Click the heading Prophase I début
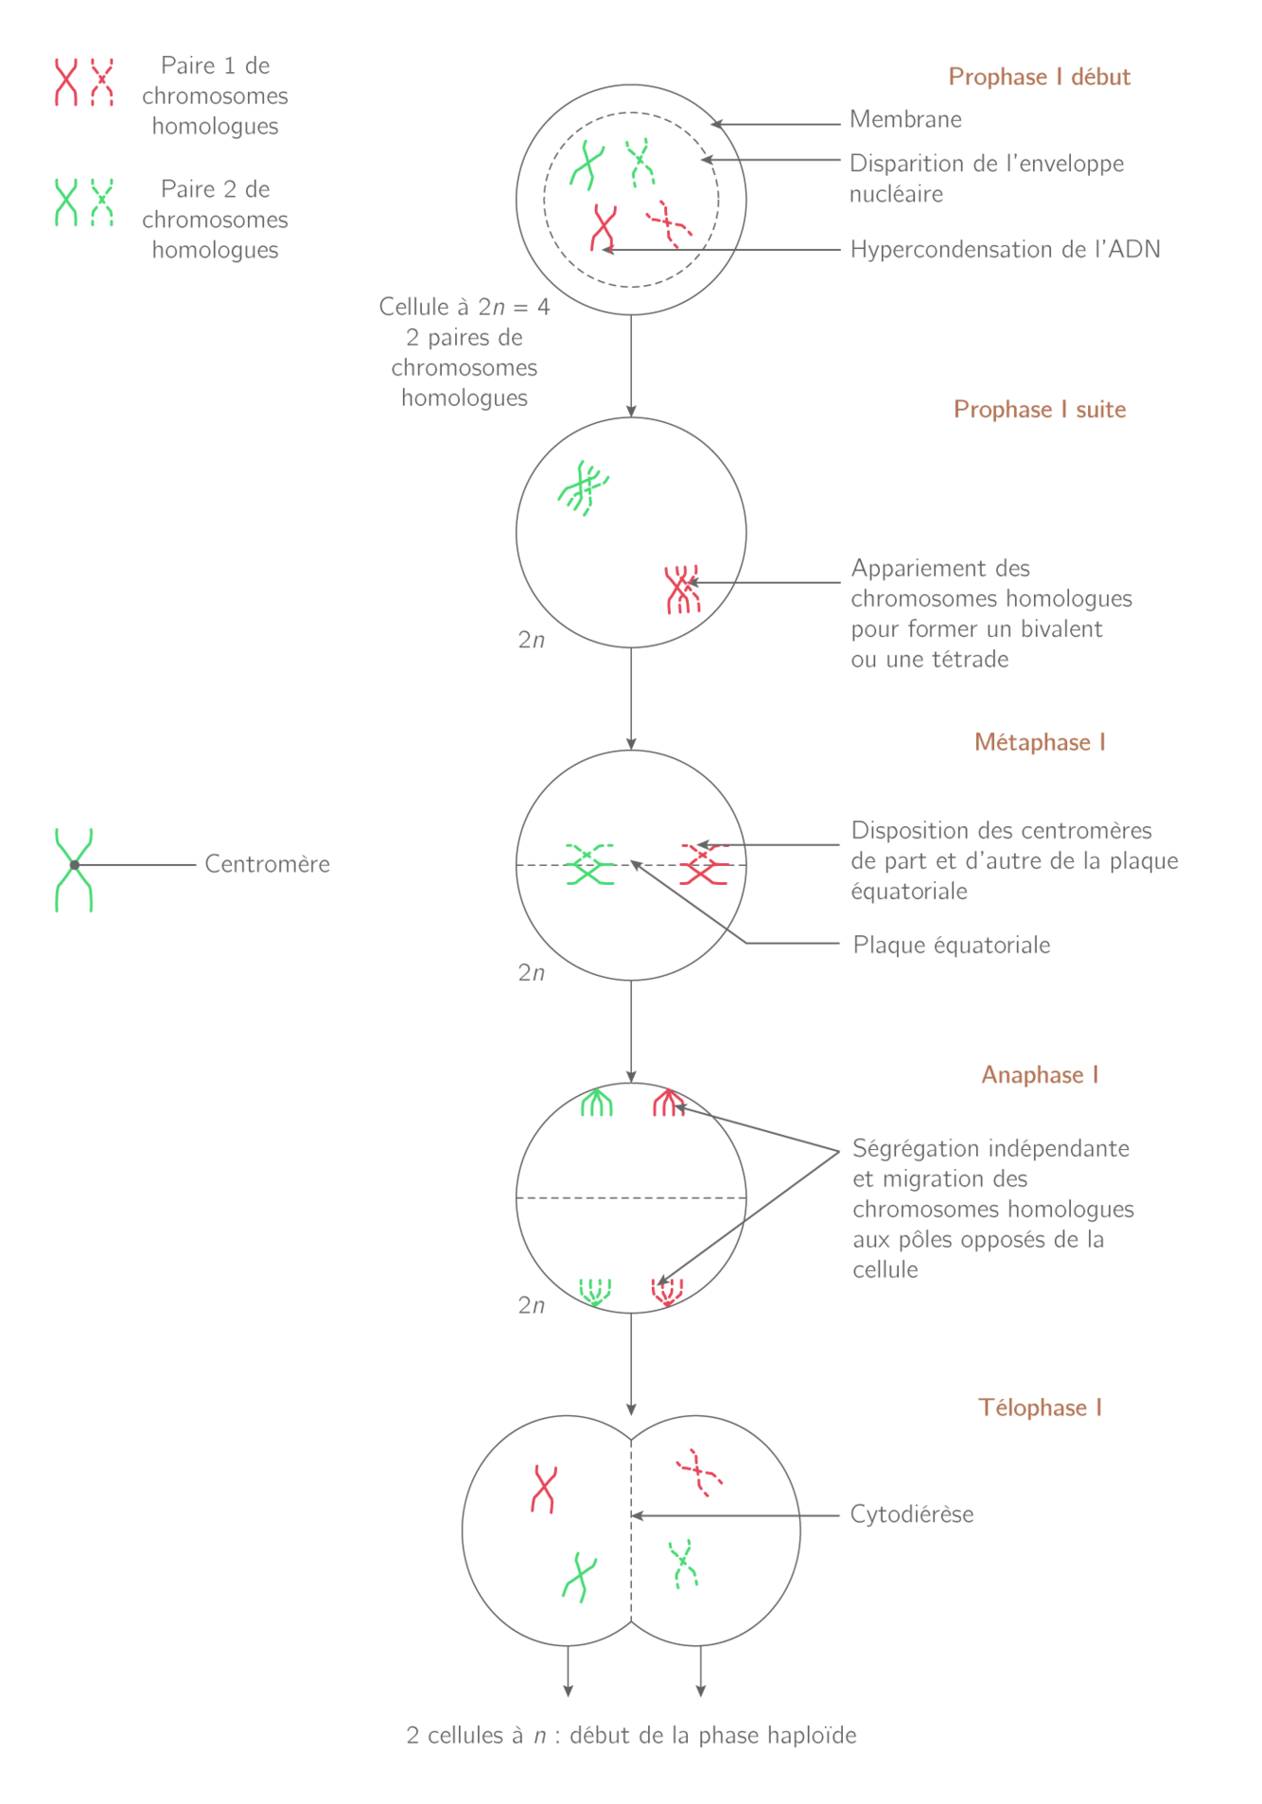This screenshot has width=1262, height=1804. coord(1039,77)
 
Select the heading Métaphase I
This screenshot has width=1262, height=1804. coord(1039,742)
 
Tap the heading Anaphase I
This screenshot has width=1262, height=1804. coord(1039,1075)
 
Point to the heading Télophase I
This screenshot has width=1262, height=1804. coord(1039,1408)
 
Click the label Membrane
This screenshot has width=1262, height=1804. coord(905,120)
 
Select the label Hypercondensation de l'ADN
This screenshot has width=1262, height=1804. coord(1005,250)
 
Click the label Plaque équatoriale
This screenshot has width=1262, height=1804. coord(952,946)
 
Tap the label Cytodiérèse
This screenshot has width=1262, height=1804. coord(912,1514)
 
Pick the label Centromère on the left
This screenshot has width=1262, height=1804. coord(268,864)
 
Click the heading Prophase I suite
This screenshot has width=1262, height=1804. coord(1039,410)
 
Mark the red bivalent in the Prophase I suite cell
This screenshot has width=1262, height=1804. coord(681,589)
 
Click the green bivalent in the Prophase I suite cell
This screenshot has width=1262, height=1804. coord(584,488)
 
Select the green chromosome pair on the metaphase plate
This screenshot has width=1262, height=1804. coord(589,864)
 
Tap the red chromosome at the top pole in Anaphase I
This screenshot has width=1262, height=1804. coord(668,1103)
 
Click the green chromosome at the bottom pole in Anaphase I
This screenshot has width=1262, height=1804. coord(595,1291)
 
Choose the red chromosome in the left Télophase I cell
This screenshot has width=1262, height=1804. coord(544,1489)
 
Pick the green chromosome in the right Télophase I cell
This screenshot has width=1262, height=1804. coord(683,1564)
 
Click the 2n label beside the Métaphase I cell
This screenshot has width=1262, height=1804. coord(531,972)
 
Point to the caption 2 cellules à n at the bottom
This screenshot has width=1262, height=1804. coord(631,1736)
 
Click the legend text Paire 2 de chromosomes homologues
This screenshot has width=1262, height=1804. coord(215,220)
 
